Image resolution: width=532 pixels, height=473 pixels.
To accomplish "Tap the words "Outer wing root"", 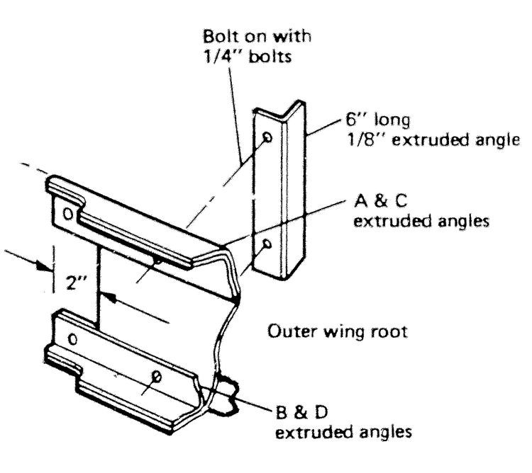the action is pos(337,331).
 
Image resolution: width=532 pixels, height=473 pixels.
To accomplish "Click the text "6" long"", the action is pos(378,120).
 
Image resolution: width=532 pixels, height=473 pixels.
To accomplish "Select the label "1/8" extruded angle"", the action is pos(433,139).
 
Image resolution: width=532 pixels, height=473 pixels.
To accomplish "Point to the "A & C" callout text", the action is pos(380,201).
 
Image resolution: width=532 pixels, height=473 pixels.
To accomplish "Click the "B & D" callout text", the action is pos(302,413).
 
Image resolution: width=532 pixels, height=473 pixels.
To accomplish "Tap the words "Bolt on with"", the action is pos(257,36).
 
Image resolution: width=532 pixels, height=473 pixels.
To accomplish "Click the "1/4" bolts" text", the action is pos(248,56).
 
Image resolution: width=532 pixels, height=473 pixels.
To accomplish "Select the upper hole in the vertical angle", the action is pos(267,137).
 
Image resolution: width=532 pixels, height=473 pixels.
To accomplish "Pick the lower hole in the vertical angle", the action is pos(267,244).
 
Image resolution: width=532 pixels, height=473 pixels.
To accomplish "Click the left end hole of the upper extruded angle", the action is pos(68,214).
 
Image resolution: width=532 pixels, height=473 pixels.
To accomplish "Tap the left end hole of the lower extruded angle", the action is pos(73,339).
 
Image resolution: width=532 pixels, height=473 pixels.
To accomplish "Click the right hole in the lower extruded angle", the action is pos(157,376).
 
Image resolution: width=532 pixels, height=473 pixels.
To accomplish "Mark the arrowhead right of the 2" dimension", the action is pos(109,298).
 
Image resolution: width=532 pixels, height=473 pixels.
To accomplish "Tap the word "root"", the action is pos(389,331).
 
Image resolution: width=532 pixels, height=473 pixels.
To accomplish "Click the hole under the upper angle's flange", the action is pos(157,261).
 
